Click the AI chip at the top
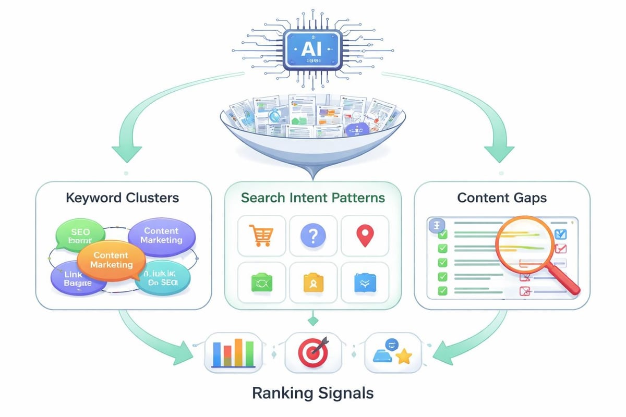click(312, 49)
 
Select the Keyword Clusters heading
click(123, 198)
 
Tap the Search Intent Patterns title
click(313, 198)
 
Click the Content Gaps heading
click(502, 198)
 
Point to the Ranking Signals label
click(312, 393)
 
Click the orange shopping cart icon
click(261, 236)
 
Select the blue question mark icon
click(313, 236)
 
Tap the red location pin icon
click(364, 236)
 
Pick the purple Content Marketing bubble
click(162, 236)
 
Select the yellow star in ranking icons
click(403, 357)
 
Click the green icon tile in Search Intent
click(261, 283)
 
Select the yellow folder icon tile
click(313, 283)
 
